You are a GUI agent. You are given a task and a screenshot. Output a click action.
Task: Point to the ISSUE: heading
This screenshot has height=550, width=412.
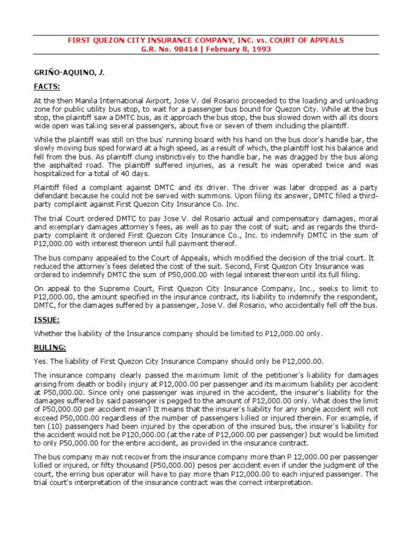[47, 321]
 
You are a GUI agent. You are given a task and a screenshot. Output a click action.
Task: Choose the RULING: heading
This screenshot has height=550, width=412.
[50, 347]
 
